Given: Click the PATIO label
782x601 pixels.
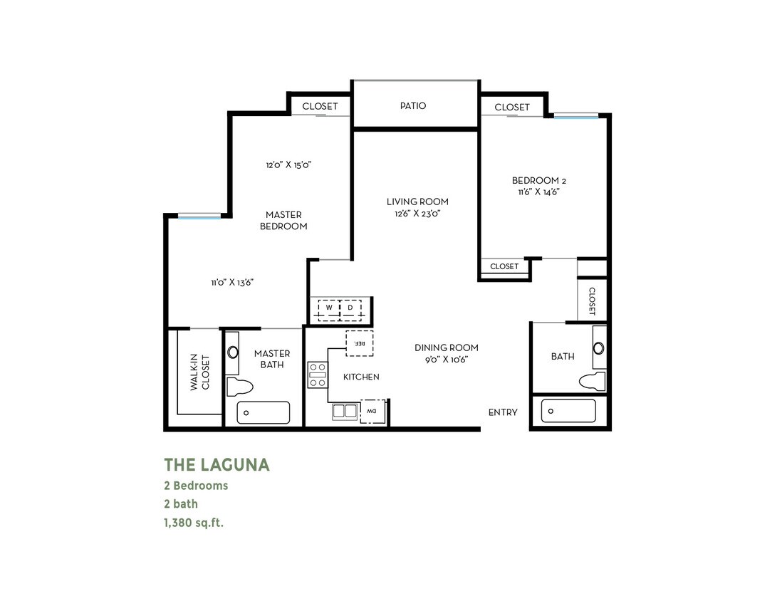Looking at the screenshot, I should point(413,106).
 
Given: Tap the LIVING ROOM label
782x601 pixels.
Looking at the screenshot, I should point(417,202).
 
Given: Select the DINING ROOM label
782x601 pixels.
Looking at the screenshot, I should point(447,347).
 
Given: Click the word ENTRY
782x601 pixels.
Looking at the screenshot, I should point(503,412).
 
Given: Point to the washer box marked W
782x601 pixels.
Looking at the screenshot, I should point(330,308).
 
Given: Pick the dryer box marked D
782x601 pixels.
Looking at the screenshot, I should point(351,308).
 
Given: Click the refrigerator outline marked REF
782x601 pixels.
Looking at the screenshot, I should point(360,343).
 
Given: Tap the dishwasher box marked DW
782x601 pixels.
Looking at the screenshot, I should point(372,411).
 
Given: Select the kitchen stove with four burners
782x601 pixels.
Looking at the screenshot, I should point(317,375).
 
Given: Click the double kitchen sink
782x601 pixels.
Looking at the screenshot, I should point(345,411).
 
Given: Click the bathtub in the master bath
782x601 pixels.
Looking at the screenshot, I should point(264,412).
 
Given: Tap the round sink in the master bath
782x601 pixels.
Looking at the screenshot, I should point(233,352).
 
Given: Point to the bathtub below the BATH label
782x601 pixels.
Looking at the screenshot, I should point(568,411).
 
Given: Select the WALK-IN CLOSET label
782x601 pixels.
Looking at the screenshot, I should point(200,372).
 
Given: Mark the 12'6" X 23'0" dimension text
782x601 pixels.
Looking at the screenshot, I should point(417,213).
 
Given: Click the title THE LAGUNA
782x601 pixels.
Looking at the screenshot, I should point(217,465).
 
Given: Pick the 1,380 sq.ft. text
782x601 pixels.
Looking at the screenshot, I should point(199,522).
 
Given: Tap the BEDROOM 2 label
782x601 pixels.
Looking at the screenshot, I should point(539,180).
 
